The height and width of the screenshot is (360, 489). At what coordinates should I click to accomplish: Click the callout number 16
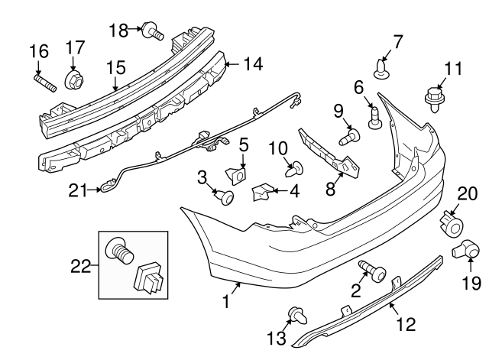tap(38, 52)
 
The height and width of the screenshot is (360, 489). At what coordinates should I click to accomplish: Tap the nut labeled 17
tap(75, 79)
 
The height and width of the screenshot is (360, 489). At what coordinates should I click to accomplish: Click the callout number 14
tap(252, 64)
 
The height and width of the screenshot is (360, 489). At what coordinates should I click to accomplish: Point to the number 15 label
tap(115, 68)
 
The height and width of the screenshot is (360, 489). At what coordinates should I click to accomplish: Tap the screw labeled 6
tap(374, 117)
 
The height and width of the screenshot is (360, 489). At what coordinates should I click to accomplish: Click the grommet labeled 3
tap(226, 199)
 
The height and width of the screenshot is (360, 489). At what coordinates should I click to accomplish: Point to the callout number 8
tap(331, 188)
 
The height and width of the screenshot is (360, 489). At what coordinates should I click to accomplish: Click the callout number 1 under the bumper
tap(226, 303)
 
